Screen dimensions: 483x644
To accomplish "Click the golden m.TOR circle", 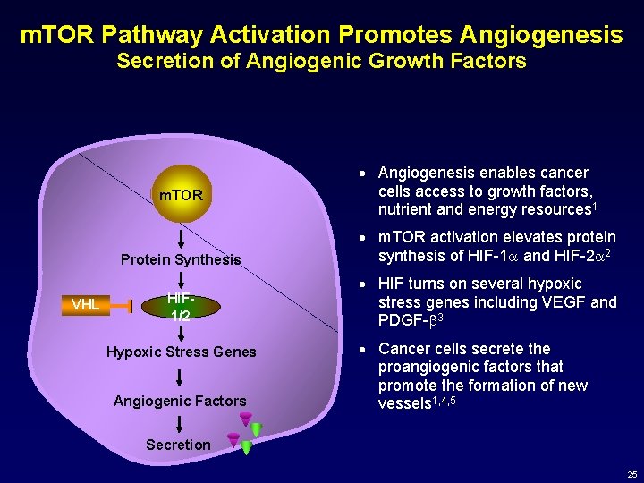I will [181, 195].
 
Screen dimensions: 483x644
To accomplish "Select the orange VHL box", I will [85, 305].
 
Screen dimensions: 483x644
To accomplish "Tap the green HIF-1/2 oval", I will [180, 306].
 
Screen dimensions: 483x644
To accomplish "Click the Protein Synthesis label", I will [181, 260].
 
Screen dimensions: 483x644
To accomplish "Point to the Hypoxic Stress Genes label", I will [181, 352].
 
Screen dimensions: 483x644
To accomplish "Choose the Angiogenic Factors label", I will [180, 401].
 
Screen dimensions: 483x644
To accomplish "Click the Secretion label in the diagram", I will [178, 445].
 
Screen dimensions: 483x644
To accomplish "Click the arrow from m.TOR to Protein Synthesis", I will [181, 238].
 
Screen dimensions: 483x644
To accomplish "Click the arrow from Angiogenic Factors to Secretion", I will [181, 423].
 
